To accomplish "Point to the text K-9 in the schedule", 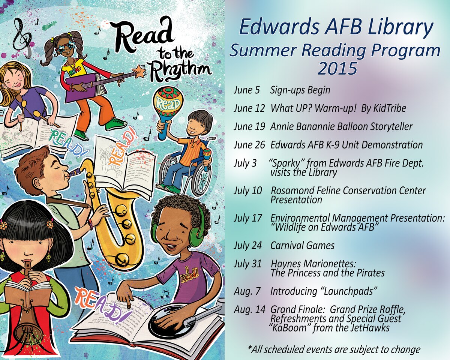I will point(346,145).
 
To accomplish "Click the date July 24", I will point(247,246).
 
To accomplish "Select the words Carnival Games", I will point(302,246).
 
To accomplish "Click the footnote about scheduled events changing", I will point(334,349).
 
